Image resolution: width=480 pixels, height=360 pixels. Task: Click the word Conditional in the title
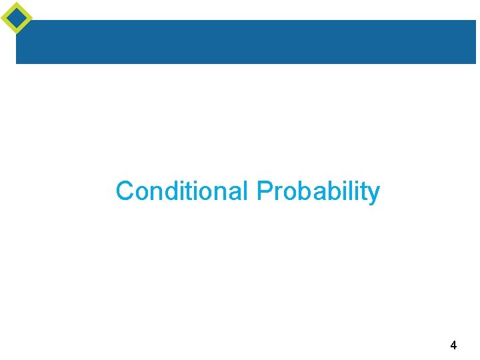click(182, 191)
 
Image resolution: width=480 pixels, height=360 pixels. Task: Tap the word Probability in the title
click(318, 192)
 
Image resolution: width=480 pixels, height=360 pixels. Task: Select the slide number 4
click(453, 345)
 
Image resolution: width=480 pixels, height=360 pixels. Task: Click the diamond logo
click(17, 17)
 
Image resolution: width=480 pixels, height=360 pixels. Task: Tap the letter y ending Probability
click(374, 194)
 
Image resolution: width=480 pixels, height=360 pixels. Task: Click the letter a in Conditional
click(233, 193)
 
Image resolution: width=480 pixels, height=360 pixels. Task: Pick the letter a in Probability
click(318, 193)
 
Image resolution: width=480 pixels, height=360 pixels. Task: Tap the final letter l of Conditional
click(245, 191)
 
